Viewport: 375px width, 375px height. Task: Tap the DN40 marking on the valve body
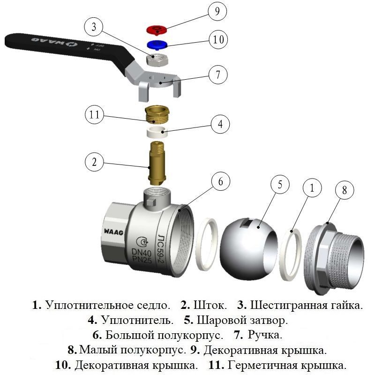click(139, 252)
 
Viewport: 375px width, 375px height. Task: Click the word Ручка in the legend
click(265, 335)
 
